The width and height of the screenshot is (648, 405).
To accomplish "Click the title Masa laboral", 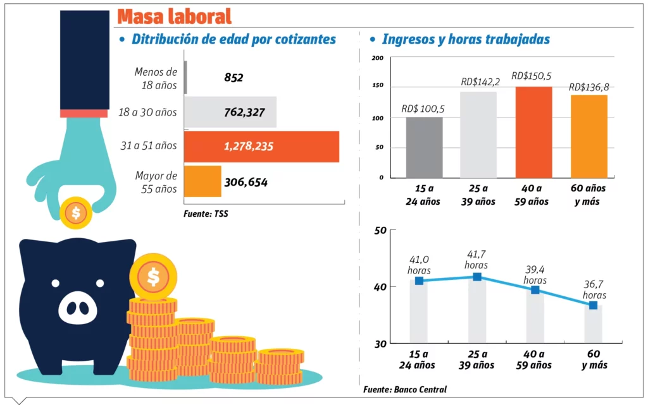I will point(174,16).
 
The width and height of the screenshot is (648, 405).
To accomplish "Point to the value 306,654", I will point(246,183).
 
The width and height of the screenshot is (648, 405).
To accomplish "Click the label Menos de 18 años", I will point(156,78).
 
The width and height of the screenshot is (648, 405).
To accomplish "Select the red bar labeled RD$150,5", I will point(533,132).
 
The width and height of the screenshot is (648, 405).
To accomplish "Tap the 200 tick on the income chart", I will point(378,59).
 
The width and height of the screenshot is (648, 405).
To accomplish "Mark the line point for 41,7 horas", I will point(477,277).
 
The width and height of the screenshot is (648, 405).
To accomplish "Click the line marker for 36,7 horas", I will point(593,305).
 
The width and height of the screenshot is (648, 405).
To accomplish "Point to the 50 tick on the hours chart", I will point(380,230).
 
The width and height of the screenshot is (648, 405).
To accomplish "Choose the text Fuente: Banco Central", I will point(405,389).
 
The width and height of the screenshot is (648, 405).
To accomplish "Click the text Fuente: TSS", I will point(206,214).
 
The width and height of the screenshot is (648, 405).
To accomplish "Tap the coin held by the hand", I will point(76,213).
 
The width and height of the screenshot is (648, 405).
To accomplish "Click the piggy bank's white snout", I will point(78,308).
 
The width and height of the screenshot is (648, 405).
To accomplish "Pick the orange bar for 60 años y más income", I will point(589,136).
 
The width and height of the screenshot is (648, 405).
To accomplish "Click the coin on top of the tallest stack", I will point(153,275).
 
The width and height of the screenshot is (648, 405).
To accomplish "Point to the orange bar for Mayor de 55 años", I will point(202,182).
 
